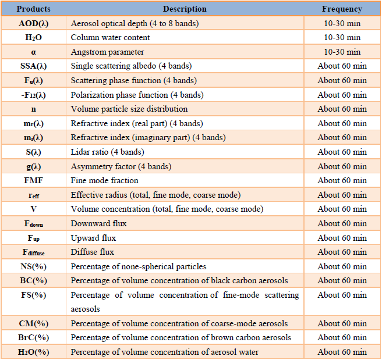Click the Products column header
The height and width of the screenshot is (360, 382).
pyautogui.click(x=33, y=9)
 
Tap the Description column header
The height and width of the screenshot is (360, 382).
pyautogui.click(x=185, y=9)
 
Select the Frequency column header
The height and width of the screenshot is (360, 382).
pyautogui.click(x=342, y=9)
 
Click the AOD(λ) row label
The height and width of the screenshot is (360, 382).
pyautogui.click(x=34, y=23)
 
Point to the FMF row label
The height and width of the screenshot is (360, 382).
pyautogui.click(x=34, y=180)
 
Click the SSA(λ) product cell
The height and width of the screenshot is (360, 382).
pyautogui.click(x=34, y=66)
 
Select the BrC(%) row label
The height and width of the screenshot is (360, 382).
pyautogui.click(x=34, y=338)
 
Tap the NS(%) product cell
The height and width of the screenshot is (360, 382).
pyautogui.click(x=34, y=266)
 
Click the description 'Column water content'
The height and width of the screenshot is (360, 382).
pyautogui.click(x=111, y=37)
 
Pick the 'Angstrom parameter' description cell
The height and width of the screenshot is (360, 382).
pyautogui.click(x=107, y=52)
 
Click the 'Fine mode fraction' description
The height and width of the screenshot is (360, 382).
pyautogui.click(x=104, y=180)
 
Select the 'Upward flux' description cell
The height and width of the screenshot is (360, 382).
pyautogui.click(x=93, y=238)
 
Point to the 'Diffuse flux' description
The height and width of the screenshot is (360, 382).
pyautogui.click(x=93, y=252)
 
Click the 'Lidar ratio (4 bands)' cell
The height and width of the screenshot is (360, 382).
pyautogui.click(x=107, y=152)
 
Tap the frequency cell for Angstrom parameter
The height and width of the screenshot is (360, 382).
pyautogui.click(x=342, y=52)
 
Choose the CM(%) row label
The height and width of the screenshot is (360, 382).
pyautogui.click(x=34, y=323)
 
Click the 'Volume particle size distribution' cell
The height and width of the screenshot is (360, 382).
pyautogui.click(x=129, y=109)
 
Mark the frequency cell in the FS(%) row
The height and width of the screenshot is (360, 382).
pyautogui.click(x=342, y=295)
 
